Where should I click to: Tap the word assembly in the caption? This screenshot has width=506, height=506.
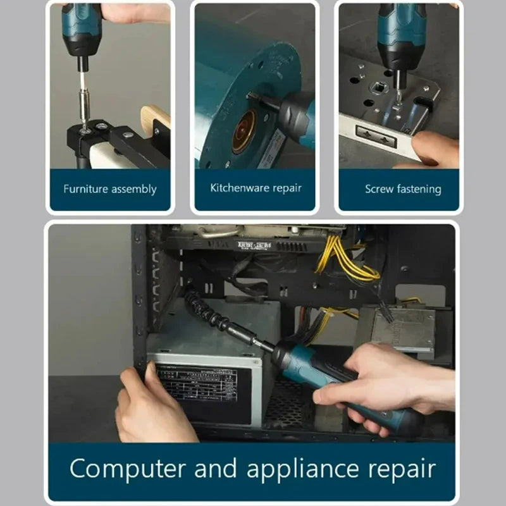(x=133, y=189)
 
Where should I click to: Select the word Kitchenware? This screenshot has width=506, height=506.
(x=238, y=188)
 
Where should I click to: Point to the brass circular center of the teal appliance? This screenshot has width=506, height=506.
(x=244, y=132)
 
